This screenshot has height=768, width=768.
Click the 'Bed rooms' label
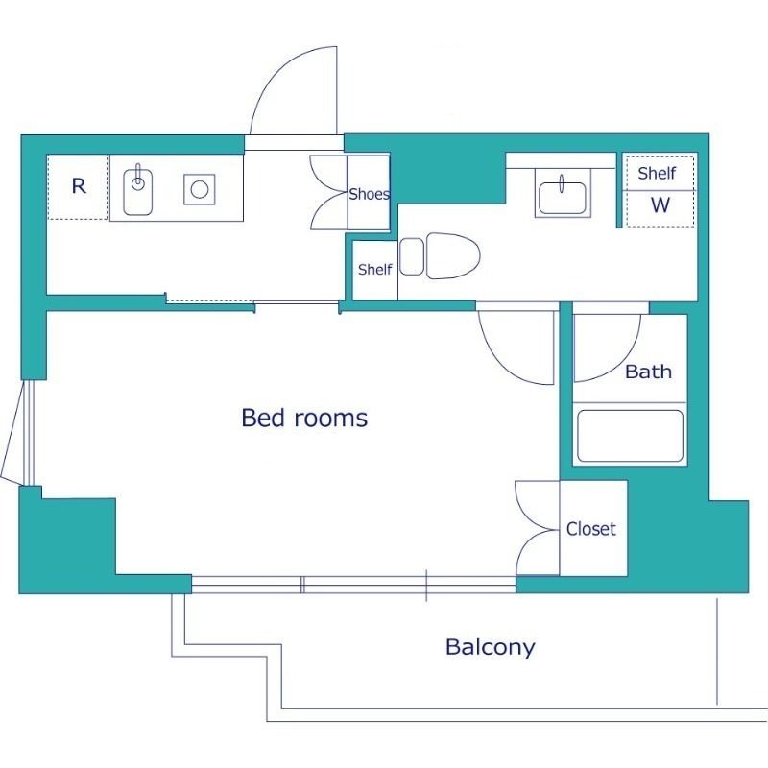tap(304, 418)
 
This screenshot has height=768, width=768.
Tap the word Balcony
tap(491, 647)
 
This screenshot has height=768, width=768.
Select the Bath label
tap(649, 372)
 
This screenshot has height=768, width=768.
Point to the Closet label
tap(591, 529)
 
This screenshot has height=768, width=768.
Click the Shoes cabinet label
tap(370, 194)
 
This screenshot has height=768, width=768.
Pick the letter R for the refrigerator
tap(79, 186)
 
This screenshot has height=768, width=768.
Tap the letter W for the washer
tap(660, 204)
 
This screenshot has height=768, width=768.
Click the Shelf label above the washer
tap(657, 173)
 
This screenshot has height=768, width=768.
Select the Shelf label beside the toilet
tap(374, 269)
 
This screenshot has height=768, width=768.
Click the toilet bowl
tap(453, 255)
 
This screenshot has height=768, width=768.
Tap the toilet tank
tap(412, 256)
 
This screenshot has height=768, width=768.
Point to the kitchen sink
tap(137, 191)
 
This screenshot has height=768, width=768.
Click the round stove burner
tap(200, 189)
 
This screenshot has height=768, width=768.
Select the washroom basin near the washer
tap(563, 198)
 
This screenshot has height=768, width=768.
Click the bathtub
tap(630, 436)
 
